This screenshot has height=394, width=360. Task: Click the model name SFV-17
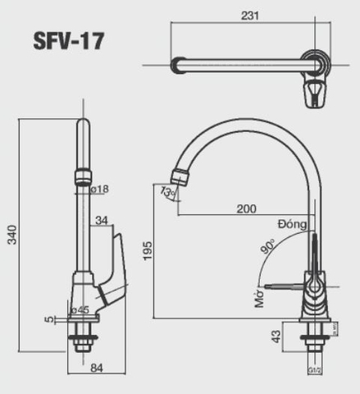(x=69, y=40)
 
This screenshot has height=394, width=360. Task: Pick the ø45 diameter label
(x=80, y=309)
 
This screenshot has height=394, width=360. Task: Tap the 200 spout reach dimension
(x=246, y=209)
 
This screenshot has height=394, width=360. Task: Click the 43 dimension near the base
(x=276, y=337)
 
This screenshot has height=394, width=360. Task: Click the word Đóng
(x=291, y=223)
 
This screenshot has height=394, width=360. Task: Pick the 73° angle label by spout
(x=168, y=193)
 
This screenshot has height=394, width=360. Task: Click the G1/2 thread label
(x=314, y=371)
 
